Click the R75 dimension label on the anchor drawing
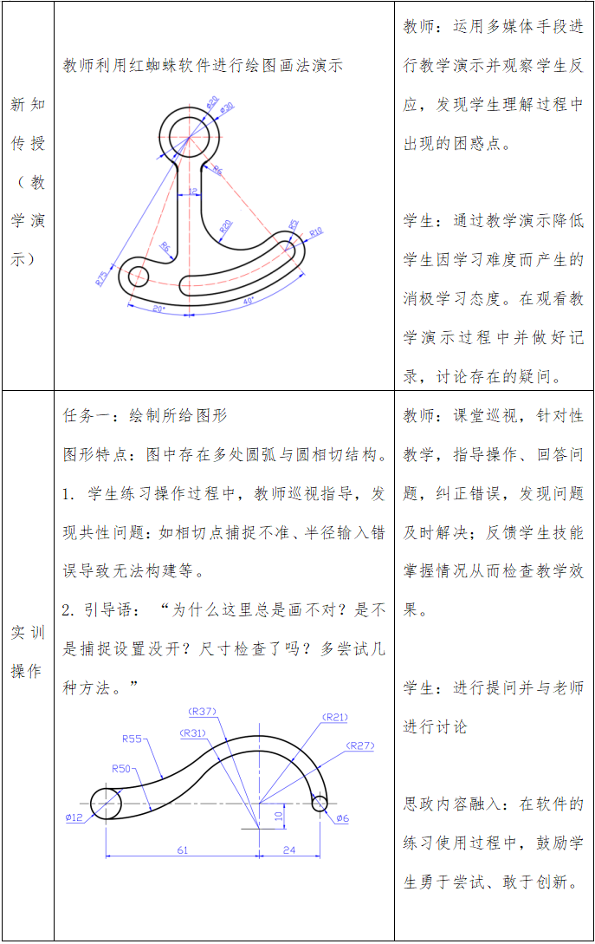point(101,278)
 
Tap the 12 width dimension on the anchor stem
point(192,192)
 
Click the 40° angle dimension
point(249,301)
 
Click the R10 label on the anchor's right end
point(315,233)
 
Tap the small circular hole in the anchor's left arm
point(139,276)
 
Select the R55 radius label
point(132,739)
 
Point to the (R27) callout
point(359,745)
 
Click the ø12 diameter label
point(74,817)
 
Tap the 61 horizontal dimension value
point(183,850)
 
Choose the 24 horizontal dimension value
point(289,850)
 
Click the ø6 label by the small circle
point(342,818)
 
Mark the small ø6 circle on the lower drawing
point(320,804)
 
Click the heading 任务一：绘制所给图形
point(146,415)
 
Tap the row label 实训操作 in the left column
point(28,652)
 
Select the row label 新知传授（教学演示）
point(28,182)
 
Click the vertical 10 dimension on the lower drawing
point(278,816)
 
